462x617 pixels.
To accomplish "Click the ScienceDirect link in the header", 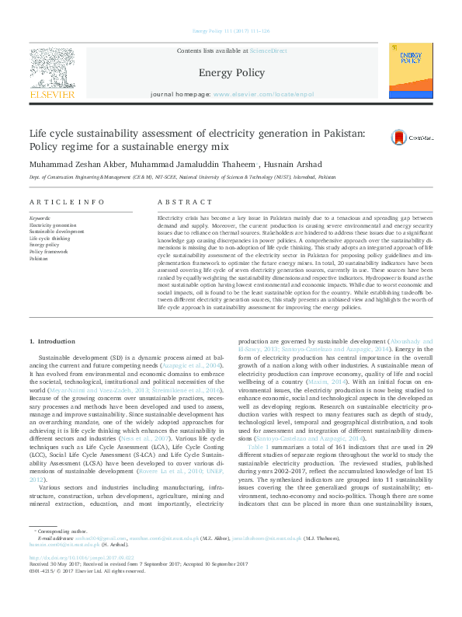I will (x=268, y=51).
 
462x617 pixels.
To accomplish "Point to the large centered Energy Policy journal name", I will (x=231, y=73).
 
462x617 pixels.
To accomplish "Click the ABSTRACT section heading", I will (x=175, y=202).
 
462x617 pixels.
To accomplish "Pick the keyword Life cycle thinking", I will (x=49, y=239).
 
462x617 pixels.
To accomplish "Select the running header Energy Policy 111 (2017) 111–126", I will (x=231, y=31).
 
